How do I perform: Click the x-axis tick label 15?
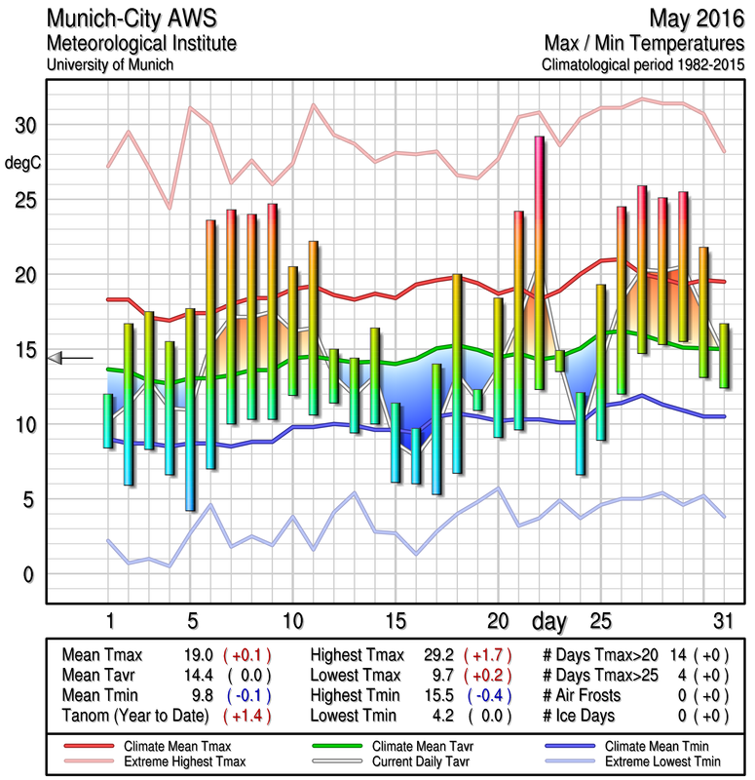(x=395, y=621)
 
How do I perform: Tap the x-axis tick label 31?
(x=721, y=621)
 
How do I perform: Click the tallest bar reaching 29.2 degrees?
(x=539, y=262)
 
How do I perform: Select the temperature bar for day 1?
(x=108, y=420)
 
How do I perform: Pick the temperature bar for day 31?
(x=723, y=355)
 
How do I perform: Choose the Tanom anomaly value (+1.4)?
(x=247, y=716)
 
